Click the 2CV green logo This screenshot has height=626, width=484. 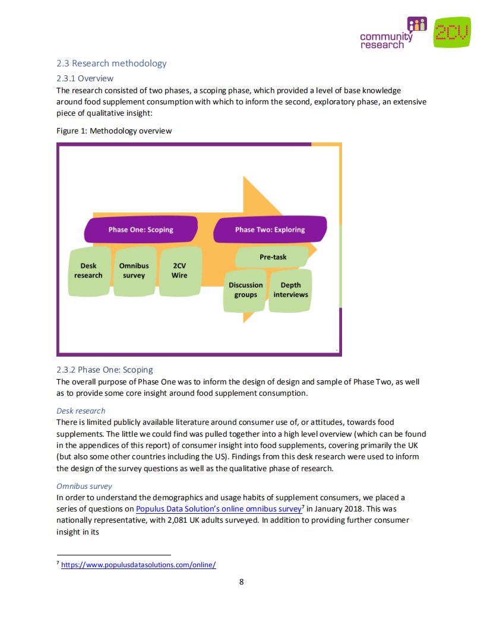[x=452, y=32]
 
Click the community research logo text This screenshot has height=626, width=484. [x=386, y=40]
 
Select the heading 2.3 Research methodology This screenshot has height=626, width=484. [x=111, y=63]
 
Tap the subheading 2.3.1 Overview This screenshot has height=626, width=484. [x=84, y=78]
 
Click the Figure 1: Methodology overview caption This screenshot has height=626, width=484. [x=114, y=131]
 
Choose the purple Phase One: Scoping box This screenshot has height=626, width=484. [x=141, y=230]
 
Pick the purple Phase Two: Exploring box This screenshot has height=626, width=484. [x=270, y=230]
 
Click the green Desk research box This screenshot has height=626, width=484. [x=88, y=271]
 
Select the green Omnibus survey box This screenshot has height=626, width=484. [x=134, y=271]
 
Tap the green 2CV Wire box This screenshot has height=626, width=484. [x=179, y=271]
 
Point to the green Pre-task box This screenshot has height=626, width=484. [x=273, y=258]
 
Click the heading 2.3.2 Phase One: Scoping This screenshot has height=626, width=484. [x=105, y=370]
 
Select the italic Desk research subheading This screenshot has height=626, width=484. [x=81, y=411]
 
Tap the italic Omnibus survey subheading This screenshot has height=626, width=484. [x=84, y=486]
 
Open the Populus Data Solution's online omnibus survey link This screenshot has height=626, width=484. [x=218, y=509]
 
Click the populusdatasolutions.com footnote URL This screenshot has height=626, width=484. [x=138, y=565]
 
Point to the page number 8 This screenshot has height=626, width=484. [x=241, y=581]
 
